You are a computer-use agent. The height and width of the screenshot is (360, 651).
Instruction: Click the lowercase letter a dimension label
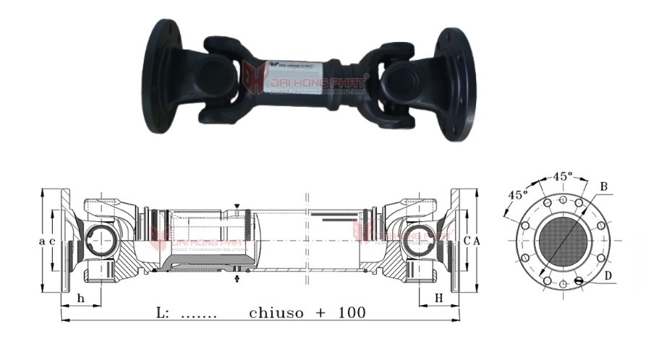point(43,240)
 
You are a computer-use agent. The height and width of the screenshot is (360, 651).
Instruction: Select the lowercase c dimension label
point(53,240)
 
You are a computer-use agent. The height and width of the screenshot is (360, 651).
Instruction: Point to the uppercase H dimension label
point(438,299)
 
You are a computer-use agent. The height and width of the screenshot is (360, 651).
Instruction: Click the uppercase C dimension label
point(469,240)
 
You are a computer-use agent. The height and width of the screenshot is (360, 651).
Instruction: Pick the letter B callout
point(603,187)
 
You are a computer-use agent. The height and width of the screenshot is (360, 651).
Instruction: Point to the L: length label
point(162,313)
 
